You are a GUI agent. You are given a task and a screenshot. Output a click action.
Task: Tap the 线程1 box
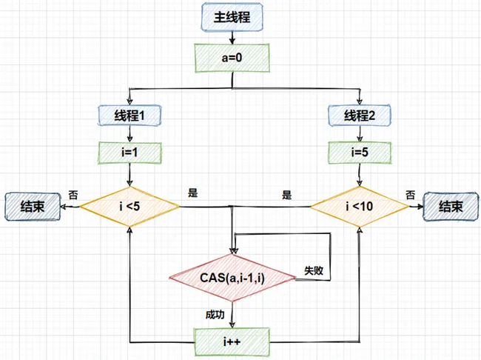coord(130,115)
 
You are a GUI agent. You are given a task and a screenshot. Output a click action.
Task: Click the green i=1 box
coord(130,153)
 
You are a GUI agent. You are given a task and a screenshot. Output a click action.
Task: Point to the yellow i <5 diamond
coord(130,205)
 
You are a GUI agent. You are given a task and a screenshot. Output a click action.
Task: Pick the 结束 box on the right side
coord(449,207)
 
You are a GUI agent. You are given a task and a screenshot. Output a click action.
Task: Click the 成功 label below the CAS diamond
coord(215,315)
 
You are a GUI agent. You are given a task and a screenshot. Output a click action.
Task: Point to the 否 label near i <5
coord(73,193)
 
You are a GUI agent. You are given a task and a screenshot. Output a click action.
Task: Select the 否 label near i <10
coord(410,195)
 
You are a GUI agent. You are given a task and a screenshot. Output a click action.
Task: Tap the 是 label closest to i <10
coord(286,196)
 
